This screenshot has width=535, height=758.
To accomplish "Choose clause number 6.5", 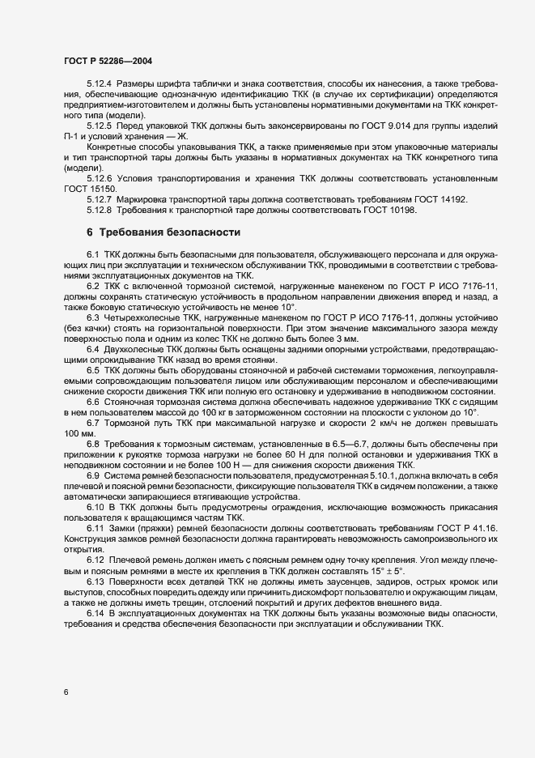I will click(x=93, y=370).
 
